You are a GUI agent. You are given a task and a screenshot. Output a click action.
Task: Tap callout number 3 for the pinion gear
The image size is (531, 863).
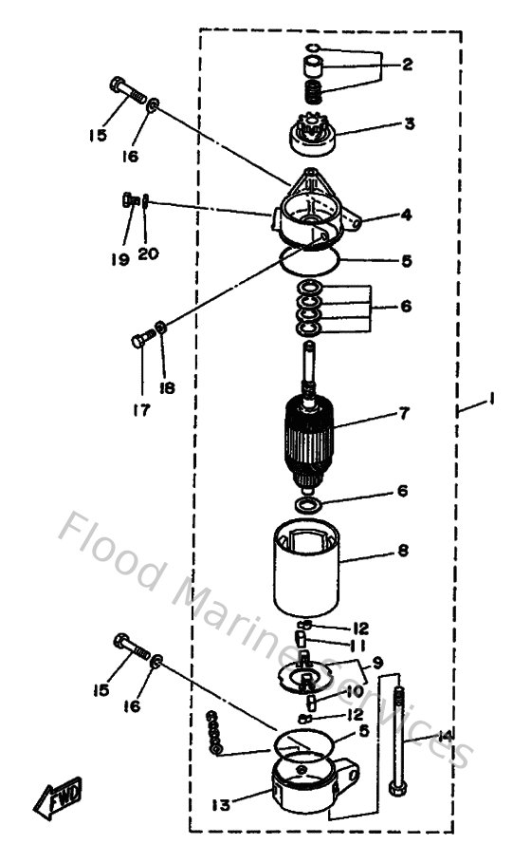(409, 123)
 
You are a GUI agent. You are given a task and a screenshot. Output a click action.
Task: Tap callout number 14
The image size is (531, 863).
(445, 736)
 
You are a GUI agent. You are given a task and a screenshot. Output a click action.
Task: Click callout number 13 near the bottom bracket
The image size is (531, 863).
(220, 805)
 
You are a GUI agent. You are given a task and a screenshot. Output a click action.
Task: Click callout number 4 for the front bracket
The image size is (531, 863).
(406, 215)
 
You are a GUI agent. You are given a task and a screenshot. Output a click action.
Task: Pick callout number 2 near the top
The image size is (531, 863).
(407, 66)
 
